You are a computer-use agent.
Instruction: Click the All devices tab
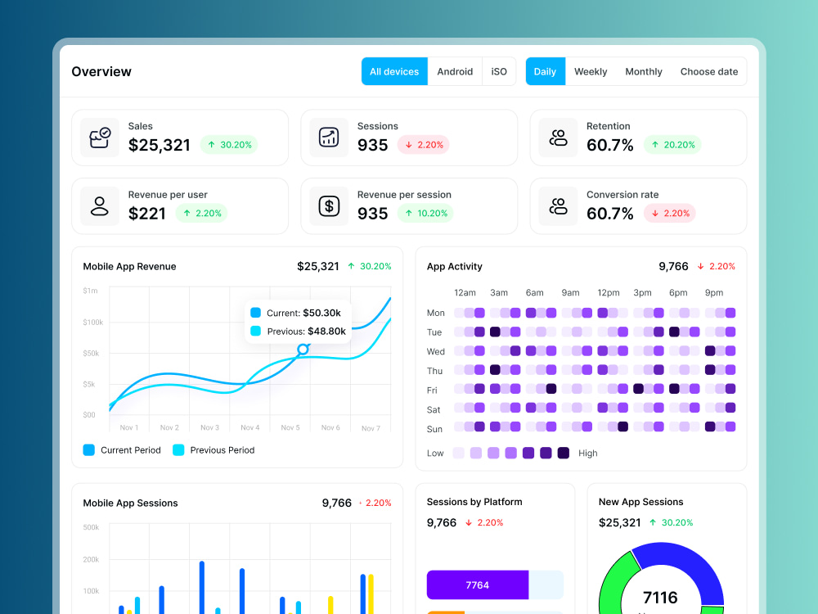pos(394,71)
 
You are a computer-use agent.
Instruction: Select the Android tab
pos(455,71)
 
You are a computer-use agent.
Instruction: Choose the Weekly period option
pos(591,71)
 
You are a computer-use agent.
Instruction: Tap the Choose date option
pos(709,71)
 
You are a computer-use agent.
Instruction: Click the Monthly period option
pos(644,71)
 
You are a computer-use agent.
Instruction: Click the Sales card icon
pos(100,138)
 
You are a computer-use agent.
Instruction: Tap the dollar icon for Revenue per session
pos(329,206)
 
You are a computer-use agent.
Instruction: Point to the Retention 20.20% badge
pos(672,145)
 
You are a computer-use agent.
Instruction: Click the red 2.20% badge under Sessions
pos(424,145)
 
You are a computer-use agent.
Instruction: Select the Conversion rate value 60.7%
pos(610,214)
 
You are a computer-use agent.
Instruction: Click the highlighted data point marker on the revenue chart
pos(303,350)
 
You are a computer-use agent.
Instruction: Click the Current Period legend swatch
pos(88,450)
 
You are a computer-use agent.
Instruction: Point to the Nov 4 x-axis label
pos(249,427)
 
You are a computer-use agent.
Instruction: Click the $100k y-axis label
pos(93,322)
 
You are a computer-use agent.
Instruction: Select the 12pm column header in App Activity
pos(609,293)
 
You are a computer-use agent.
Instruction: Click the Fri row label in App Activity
pos(432,390)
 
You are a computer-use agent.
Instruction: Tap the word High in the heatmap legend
pos(588,454)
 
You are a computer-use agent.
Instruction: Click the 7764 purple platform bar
pos(478,585)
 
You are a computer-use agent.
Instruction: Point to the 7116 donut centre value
pos(660,598)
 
